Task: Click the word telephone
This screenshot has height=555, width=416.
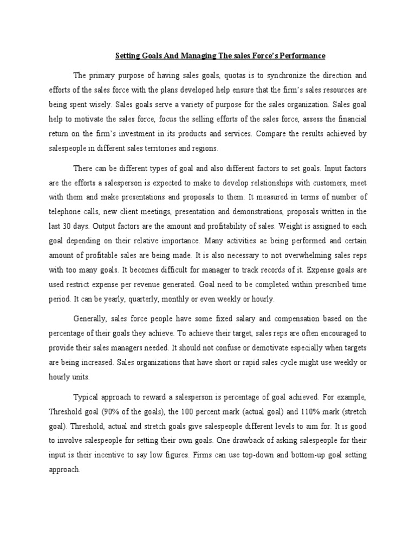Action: (64, 211)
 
